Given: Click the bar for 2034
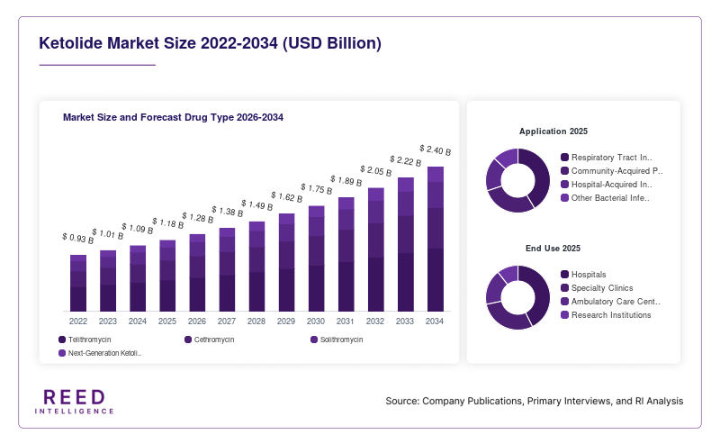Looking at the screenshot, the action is [x=436, y=239].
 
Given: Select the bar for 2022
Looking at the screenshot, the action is [x=78, y=283].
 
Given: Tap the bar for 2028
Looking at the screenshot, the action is [x=256, y=267].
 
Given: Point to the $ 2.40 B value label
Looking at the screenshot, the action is [x=436, y=150].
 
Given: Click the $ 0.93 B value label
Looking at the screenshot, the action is [x=78, y=238].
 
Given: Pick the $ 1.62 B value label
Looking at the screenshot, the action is [x=286, y=196].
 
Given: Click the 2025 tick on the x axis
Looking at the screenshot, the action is [x=167, y=322].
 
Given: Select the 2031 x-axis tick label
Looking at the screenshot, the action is [x=346, y=322].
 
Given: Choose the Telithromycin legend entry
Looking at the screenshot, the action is [x=85, y=340].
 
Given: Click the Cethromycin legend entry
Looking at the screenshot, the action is [x=210, y=340].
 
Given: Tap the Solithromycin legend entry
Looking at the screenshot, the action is [x=337, y=340].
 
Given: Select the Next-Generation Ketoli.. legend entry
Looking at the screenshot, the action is [x=100, y=353].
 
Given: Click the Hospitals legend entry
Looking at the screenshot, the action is [x=583, y=275].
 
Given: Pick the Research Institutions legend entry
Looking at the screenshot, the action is [x=606, y=315].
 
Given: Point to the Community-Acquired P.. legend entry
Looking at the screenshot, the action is [x=612, y=171].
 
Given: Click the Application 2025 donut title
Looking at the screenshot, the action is [x=553, y=131].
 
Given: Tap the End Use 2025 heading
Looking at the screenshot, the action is [x=553, y=249].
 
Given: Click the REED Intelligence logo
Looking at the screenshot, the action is [x=75, y=402].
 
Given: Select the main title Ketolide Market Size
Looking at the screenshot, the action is [x=210, y=42].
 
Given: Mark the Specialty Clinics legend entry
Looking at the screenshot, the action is [x=597, y=287].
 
